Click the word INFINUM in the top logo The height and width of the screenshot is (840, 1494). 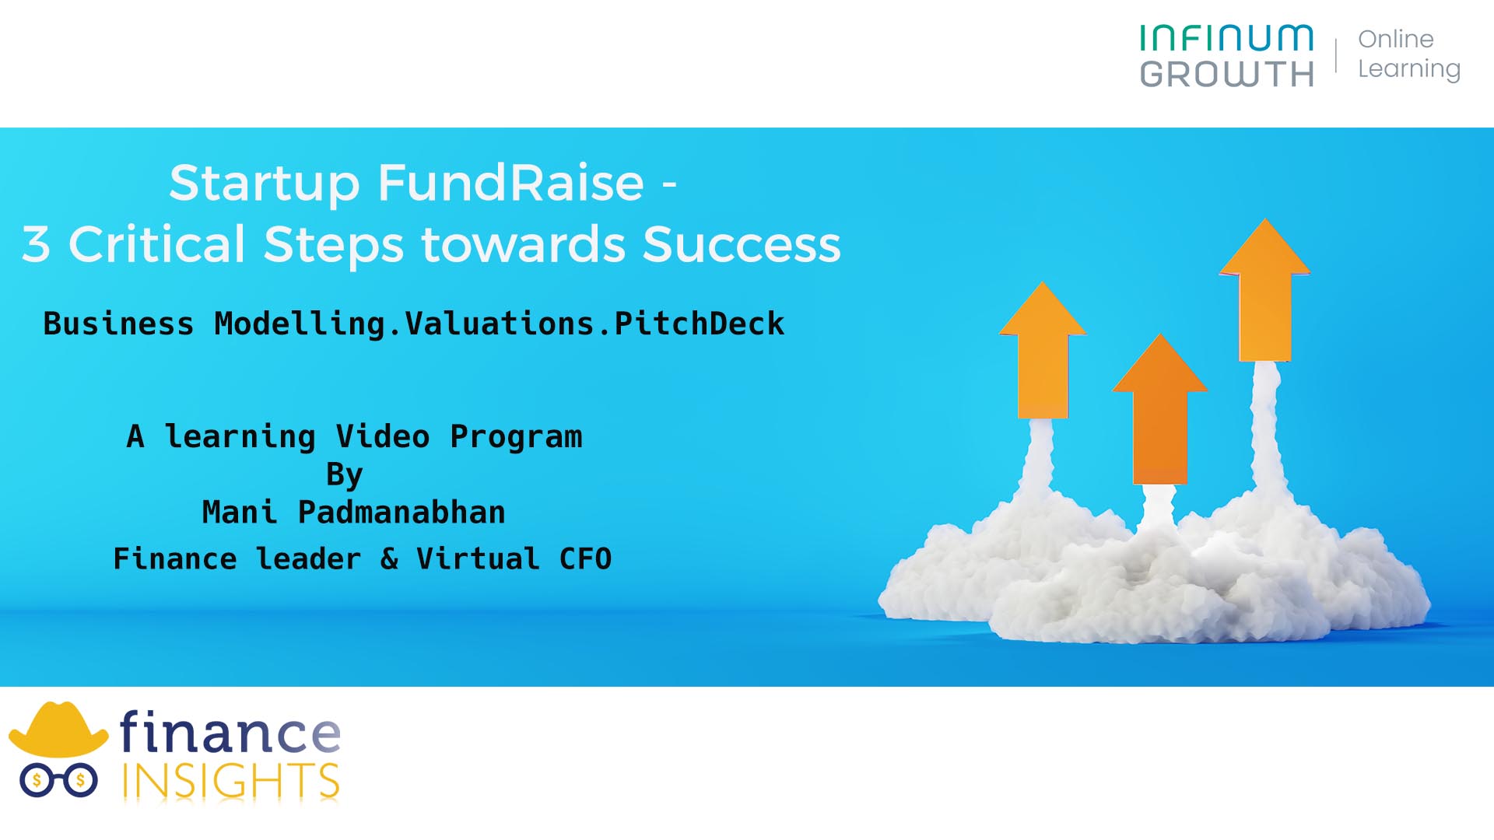pos(1226,38)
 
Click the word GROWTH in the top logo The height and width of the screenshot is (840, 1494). pos(1227,75)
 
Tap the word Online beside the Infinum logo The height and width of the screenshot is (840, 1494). pos(1396,39)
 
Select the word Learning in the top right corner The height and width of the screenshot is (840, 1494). pos(1409,69)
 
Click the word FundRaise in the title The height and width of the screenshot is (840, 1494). pos(511,184)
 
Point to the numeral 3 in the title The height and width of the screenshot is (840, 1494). pos(36,244)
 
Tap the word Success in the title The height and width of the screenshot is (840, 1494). pos(742,244)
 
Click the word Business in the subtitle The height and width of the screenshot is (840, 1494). pos(118,324)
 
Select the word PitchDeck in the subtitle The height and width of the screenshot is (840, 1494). pos(700,324)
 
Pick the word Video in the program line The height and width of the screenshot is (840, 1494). pos(383,436)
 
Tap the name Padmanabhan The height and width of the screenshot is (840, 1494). pos(402,513)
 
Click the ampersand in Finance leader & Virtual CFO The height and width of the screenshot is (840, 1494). pos(389,559)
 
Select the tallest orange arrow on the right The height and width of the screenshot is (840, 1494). pos(1265,290)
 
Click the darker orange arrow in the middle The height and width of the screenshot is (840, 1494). pos(1159,409)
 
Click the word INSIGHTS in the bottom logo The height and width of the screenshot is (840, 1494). pos(230,781)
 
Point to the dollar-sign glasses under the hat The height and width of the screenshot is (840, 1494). pos(58,781)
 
